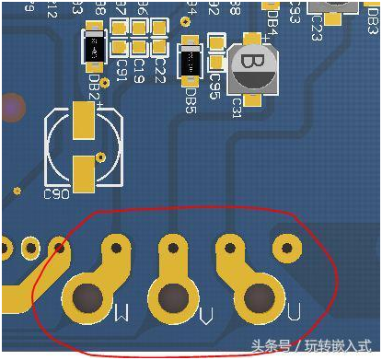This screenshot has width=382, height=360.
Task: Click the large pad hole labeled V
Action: tap(173, 299)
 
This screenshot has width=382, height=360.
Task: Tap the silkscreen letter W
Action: tap(120, 315)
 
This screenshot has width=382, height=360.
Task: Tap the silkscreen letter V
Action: tap(207, 317)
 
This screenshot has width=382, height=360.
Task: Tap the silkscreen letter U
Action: tap(293, 314)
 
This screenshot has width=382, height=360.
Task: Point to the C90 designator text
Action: tap(56, 194)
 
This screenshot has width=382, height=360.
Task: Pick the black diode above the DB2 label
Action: tap(96, 51)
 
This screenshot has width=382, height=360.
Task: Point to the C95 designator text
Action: tap(214, 86)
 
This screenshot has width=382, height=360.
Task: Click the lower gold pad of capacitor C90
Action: tap(85, 170)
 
